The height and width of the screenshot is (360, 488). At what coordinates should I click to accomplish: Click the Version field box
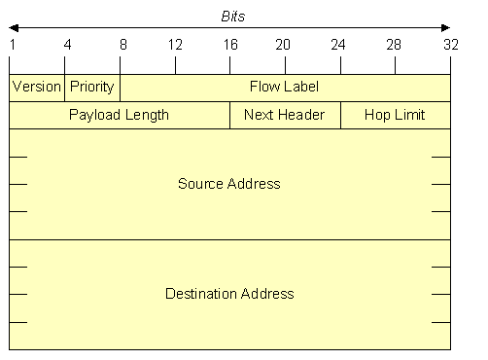37,88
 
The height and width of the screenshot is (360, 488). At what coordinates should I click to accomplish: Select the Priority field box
92,88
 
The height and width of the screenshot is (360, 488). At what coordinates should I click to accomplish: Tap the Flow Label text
284,87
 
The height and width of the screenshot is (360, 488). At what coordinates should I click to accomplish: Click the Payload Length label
119,115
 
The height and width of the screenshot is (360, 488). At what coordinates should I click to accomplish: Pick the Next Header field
285,115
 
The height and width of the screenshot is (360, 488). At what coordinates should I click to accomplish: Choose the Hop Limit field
396,115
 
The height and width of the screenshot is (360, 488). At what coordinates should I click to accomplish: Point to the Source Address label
229,184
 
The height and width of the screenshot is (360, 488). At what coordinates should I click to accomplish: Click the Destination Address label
229,294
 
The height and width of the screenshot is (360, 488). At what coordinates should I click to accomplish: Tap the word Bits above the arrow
233,17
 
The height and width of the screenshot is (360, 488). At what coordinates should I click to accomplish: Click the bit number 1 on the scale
13,45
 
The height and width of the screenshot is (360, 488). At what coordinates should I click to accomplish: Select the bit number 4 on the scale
67,45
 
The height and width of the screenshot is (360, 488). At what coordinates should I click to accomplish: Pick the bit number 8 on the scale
123,45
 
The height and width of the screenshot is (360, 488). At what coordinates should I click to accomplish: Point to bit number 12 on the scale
175,45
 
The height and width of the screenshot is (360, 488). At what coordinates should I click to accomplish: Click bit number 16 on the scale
230,45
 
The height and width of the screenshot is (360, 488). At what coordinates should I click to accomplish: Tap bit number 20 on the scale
283,45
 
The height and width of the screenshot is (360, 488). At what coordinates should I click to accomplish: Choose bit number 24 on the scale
338,45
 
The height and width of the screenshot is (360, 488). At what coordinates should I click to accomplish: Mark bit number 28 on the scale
394,45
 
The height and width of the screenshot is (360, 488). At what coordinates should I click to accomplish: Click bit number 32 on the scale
451,45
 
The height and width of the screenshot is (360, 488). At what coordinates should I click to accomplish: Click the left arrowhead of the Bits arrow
14,28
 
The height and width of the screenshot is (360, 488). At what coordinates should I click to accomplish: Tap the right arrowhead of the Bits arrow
446,28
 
